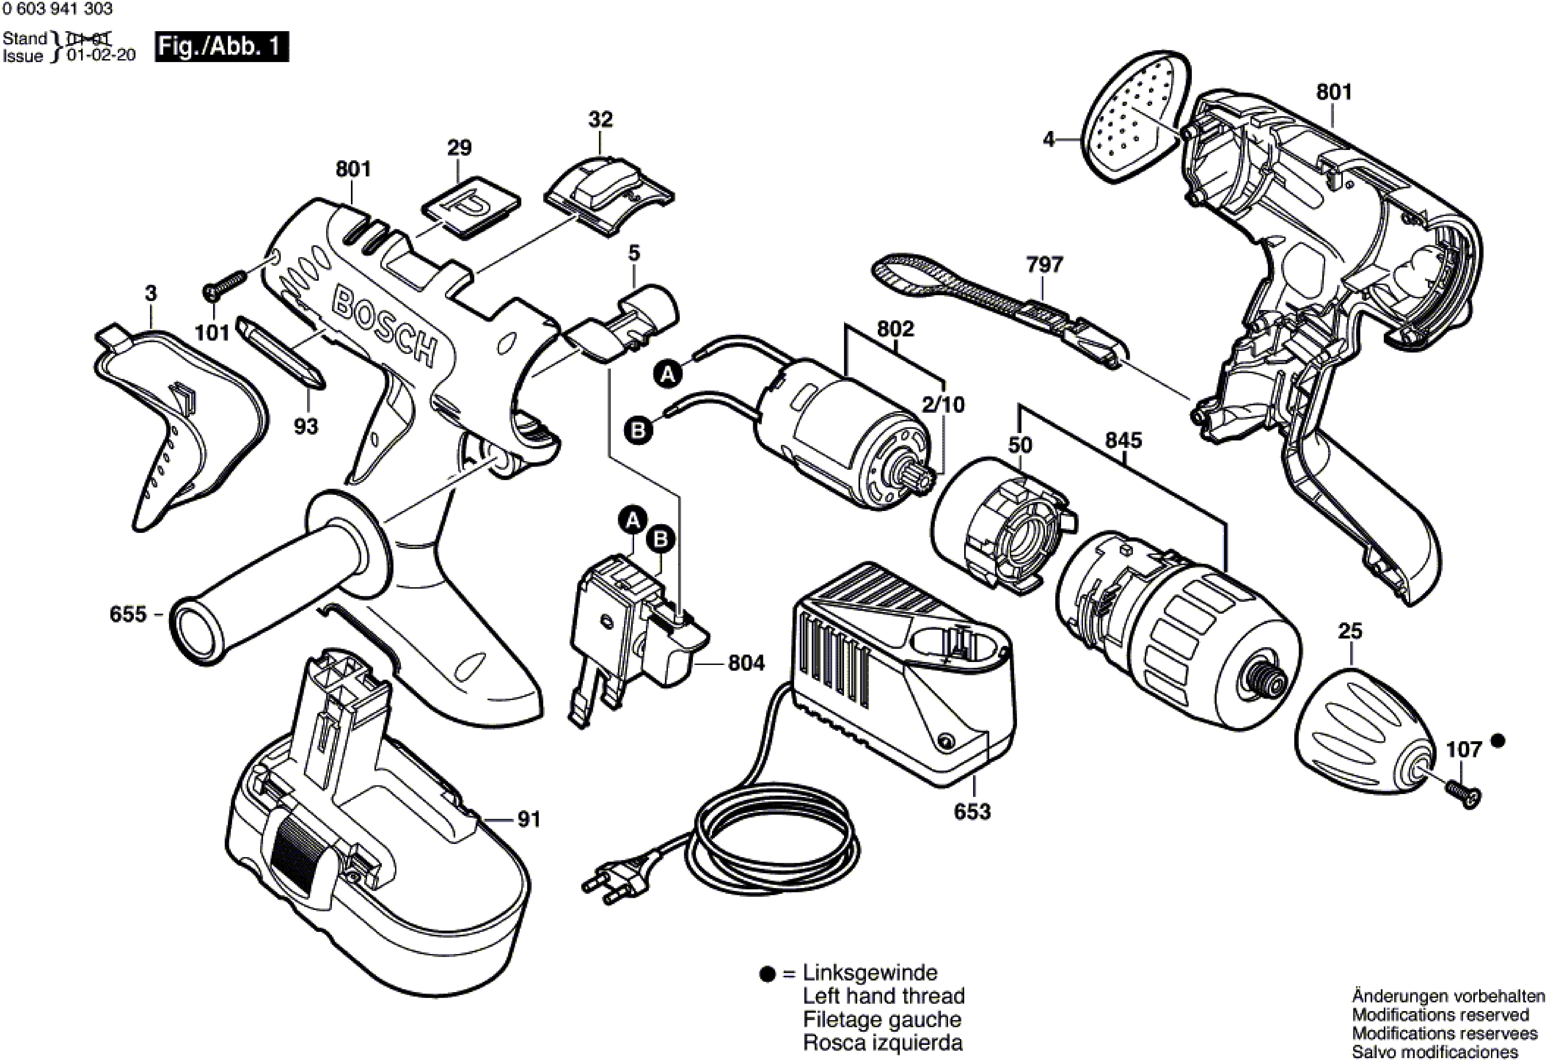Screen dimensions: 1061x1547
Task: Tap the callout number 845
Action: click(x=1124, y=440)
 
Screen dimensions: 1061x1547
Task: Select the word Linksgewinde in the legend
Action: click(x=870, y=973)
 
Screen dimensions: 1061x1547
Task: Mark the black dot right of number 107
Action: click(x=1498, y=740)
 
